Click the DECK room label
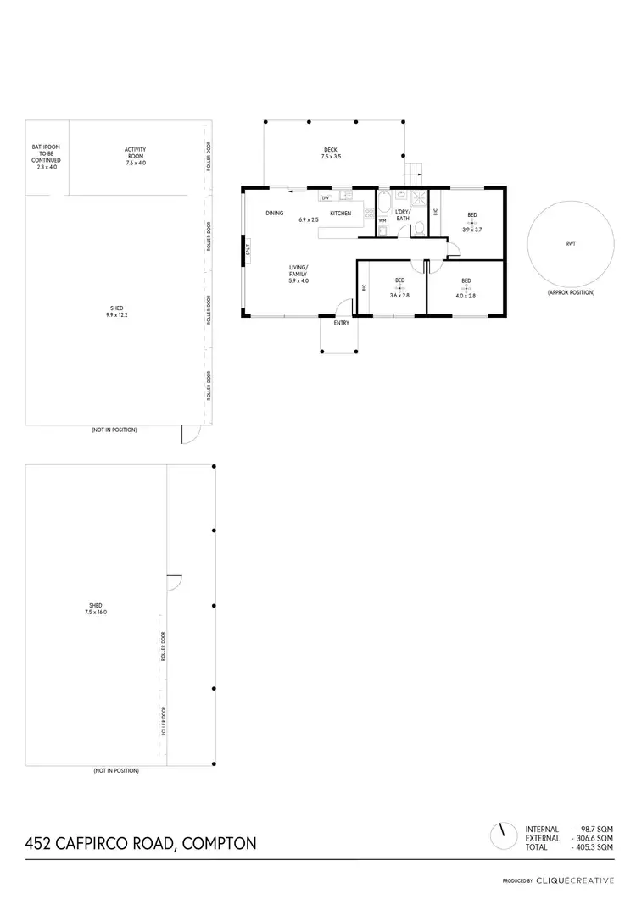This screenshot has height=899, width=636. [330, 149]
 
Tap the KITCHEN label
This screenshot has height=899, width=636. [340, 214]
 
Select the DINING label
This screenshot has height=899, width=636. [274, 214]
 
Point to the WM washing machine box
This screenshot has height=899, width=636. [382, 220]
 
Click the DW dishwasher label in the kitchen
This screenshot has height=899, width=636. [325, 198]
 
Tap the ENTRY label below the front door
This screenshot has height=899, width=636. [340, 323]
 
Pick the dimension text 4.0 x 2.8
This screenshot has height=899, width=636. [466, 296]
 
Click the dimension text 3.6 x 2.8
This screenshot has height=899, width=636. [399, 296]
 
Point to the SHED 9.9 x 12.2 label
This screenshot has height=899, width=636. [117, 312]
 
